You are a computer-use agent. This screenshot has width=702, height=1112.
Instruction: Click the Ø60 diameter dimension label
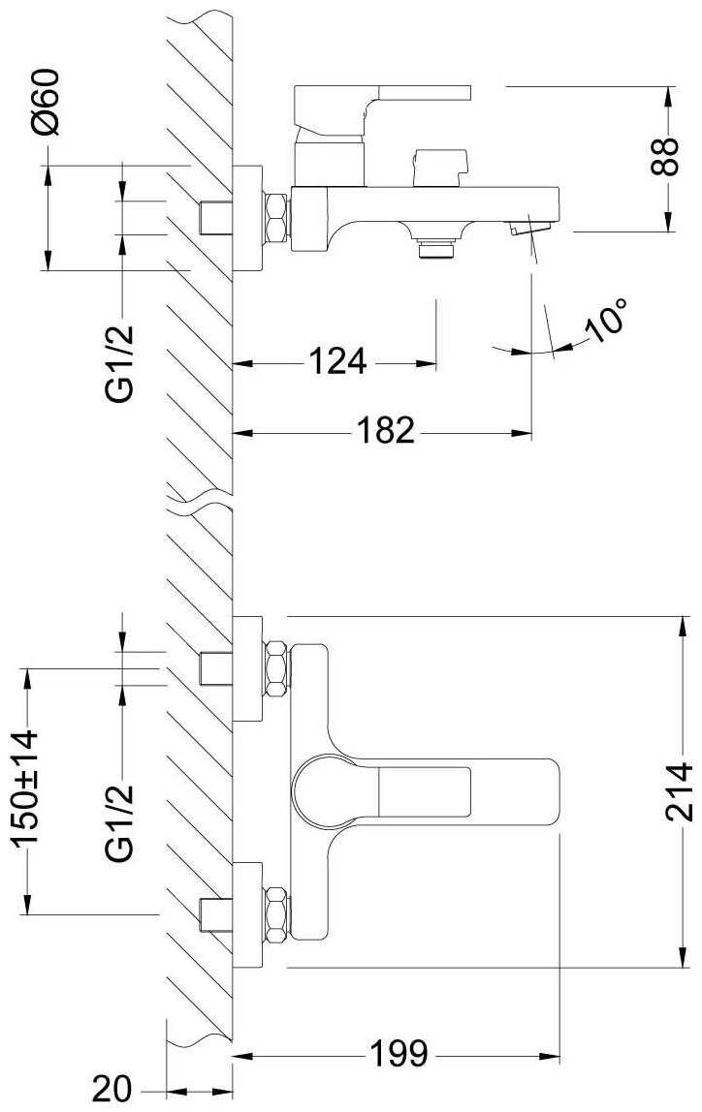47,102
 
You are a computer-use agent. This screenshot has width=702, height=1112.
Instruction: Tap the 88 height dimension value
665,157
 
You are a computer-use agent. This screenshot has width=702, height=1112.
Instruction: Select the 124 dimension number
337,361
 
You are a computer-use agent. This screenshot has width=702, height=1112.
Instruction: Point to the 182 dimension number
385,430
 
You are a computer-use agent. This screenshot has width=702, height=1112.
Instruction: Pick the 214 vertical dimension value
680,791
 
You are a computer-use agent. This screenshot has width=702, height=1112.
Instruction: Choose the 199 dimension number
399,1055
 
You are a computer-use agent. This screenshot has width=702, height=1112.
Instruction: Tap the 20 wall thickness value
112,1088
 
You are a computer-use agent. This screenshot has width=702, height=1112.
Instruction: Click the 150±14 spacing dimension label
25,788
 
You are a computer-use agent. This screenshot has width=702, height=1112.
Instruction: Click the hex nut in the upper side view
276,219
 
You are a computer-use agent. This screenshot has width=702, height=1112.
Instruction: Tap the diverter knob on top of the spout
439,169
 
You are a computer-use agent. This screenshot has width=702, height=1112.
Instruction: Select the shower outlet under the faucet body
435,248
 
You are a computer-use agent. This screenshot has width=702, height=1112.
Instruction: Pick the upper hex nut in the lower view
276,668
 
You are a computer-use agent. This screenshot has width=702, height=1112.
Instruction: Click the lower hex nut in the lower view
276,914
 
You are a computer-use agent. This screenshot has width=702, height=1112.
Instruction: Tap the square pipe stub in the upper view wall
216,218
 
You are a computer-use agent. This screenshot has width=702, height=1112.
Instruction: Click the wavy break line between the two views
200,496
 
